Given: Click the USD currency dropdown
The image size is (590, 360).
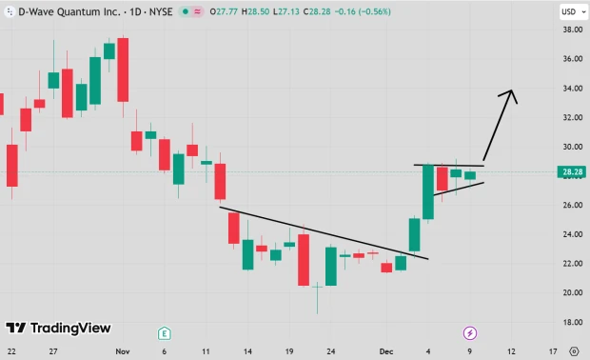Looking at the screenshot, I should pyautogui.click(x=570, y=11).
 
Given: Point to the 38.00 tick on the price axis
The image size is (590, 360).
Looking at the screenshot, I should pyautogui.click(x=571, y=30).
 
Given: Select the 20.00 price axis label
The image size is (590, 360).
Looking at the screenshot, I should pyautogui.click(x=571, y=293).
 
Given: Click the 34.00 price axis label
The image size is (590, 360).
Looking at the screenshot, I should pyautogui.click(x=571, y=89).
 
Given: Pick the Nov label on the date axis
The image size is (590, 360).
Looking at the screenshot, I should pyautogui.click(x=122, y=351).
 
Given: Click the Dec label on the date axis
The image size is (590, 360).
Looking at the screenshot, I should pyautogui.click(x=386, y=351).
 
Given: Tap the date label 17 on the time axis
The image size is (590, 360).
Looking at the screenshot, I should pyautogui.click(x=553, y=351).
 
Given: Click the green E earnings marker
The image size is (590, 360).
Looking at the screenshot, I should pyautogui.click(x=165, y=332).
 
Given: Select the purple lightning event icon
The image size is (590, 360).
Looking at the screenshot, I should pyautogui.click(x=469, y=332).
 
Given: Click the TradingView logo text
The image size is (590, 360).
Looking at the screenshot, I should pyautogui.click(x=70, y=329).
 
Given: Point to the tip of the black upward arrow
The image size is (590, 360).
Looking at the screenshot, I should pyautogui.click(x=512, y=90).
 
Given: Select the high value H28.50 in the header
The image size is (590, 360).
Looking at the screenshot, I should pyautogui.click(x=255, y=12).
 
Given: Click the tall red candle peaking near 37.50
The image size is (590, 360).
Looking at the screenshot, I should pyautogui.click(x=123, y=69).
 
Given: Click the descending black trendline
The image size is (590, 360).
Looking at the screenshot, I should pyautogui.click(x=324, y=233).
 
